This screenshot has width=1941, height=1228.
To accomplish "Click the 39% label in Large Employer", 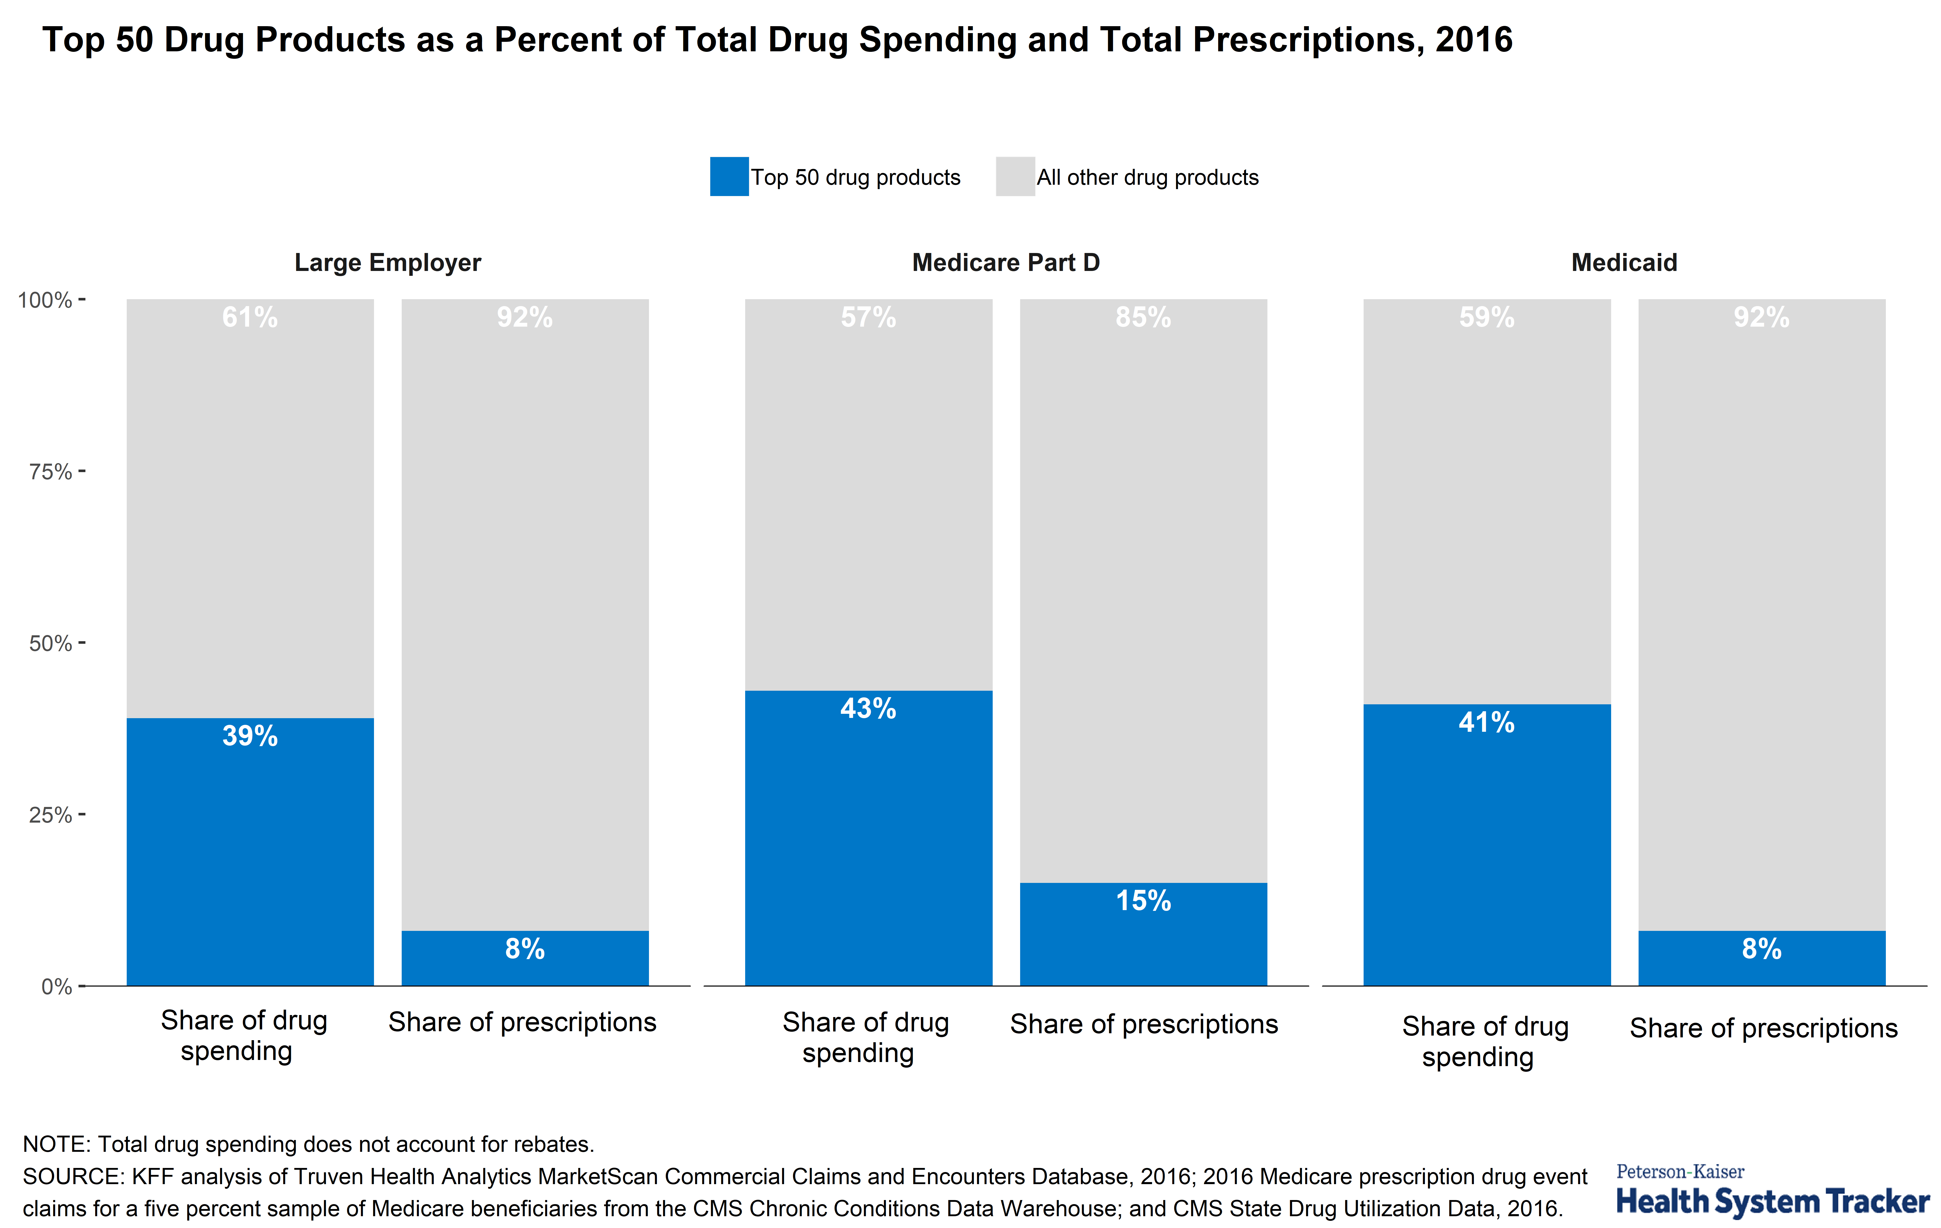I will click(250, 736).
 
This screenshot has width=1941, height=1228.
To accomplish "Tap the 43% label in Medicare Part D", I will click(868, 709).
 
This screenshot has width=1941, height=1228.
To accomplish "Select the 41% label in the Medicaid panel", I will click(1486, 723).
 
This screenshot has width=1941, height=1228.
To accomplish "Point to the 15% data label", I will click(1143, 901).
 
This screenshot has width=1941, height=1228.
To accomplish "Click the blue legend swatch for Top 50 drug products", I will click(729, 177).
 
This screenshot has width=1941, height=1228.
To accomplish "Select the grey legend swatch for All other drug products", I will click(1015, 177).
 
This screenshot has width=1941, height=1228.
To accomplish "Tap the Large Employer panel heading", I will click(388, 263).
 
